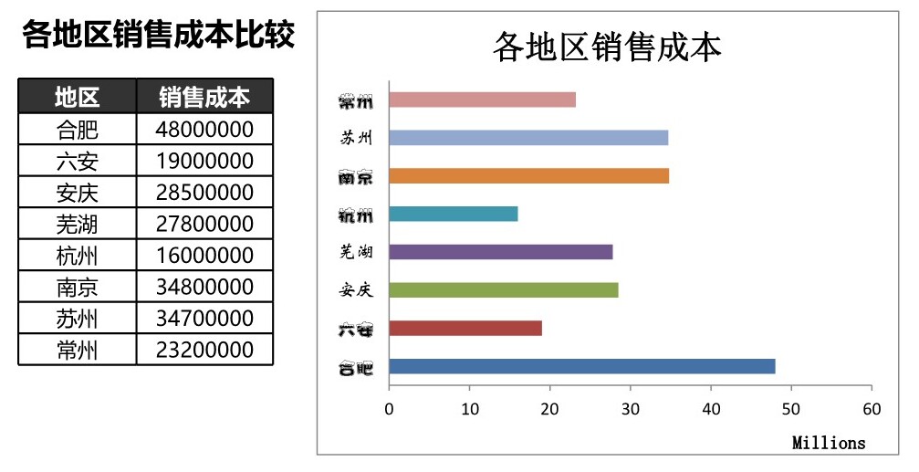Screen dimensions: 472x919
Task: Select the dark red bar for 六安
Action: tap(465, 328)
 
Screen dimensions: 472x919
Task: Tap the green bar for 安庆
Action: tap(504, 289)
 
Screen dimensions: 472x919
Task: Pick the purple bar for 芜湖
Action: tap(501, 252)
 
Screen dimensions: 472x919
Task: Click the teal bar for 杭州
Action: tap(454, 214)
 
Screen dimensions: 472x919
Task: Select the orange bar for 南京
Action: tap(529, 175)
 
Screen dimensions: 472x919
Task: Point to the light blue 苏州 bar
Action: tap(528, 138)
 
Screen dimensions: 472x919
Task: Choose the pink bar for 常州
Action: tap(483, 100)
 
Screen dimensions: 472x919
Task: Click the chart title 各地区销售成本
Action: tap(607, 47)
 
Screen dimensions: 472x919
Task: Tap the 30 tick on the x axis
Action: tap(631, 410)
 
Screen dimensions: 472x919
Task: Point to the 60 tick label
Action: tap(872, 410)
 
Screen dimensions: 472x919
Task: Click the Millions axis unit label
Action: tap(829, 443)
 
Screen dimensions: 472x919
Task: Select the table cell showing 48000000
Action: tap(204, 129)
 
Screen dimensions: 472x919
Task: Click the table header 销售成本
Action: tap(204, 97)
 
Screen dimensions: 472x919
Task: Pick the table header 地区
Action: tap(77, 97)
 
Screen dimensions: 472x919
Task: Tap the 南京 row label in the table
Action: tap(77, 288)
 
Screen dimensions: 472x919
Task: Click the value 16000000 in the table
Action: tap(204, 256)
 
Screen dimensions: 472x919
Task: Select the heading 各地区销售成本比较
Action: tap(157, 36)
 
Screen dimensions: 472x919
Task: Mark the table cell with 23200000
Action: tap(204, 351)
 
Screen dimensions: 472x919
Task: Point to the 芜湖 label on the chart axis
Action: tap(355, 252)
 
